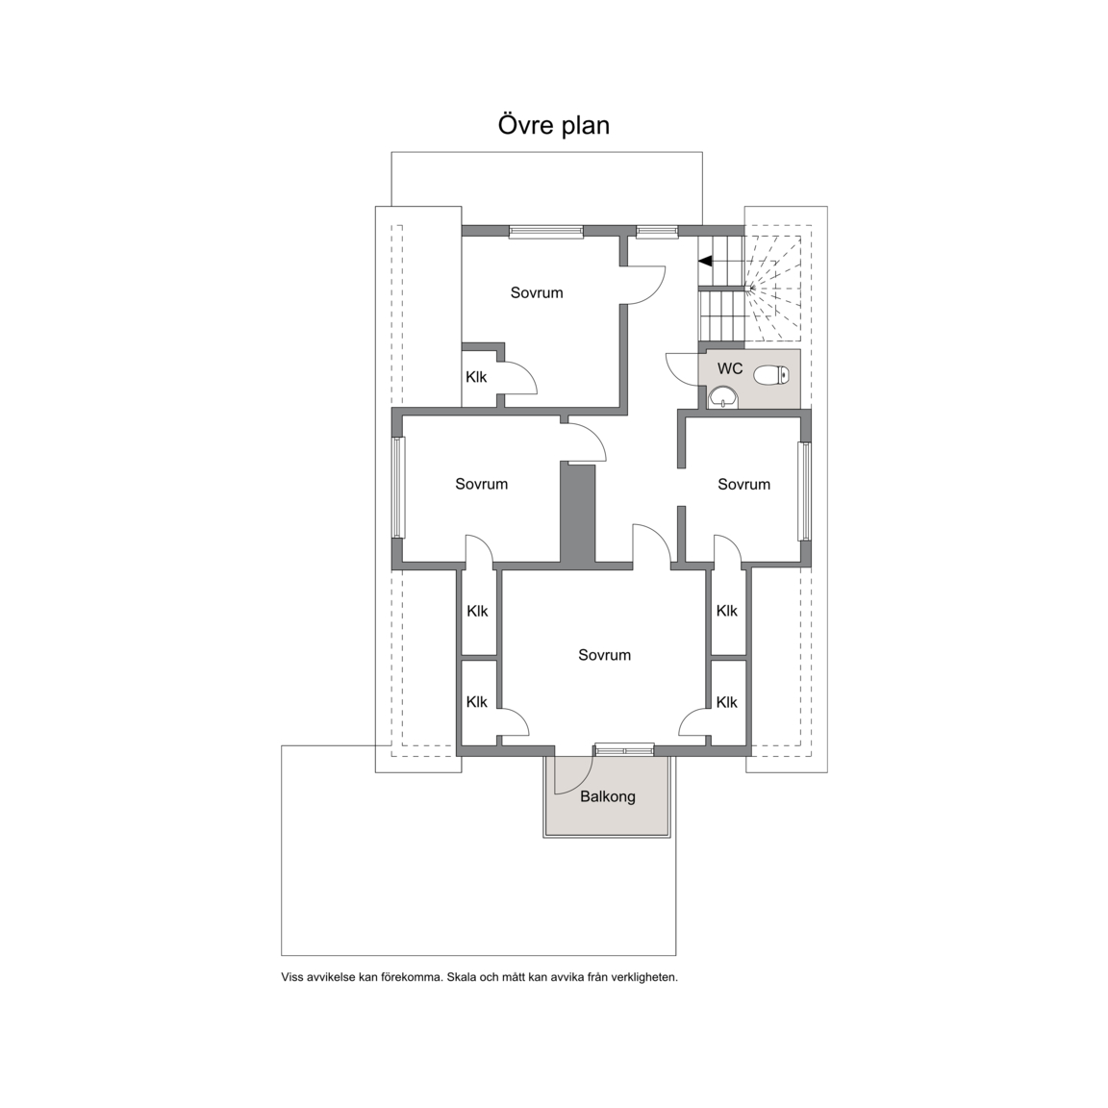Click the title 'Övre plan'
pyautogui.click(x=553, y=125)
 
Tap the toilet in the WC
pyautogui.click(x=771, y=374)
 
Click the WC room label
pyautogui.click(x=730, y=368)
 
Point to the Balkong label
pyautogui.click(x=608, y=797)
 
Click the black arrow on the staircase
pyautogui.click(x=704, y=261)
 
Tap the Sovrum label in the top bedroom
pyautogui.click(x=537, y=292)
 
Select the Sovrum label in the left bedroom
pyautogui.click(x=481, y=484)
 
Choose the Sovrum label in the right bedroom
pyautogui.click(x=744, y=484)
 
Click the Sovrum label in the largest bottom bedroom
pyautogui.click(x=604, y=655)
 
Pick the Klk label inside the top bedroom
pyautogui.click(x=476, y=377)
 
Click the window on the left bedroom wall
pyautogui.click(x=398, y=488)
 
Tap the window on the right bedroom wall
pyautogui.click(x=805, y=491)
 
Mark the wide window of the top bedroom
pyautogui.click(x=546, y=231)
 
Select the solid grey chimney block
pyautogui.click(x=578, y=514)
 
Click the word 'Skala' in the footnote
pyautogui.click(x=462, y=977)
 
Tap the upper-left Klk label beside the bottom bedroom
pyautogui.click(x=477, y=612)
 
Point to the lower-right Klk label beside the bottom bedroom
pyautogui.click(x=726, y=702)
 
